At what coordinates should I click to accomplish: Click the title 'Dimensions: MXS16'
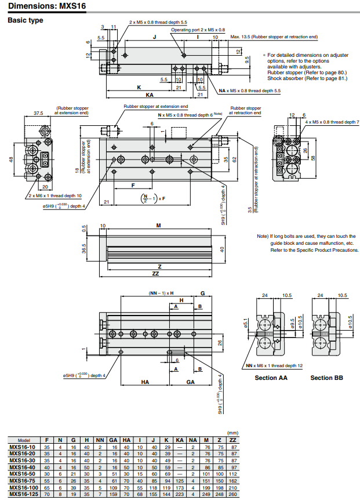44,6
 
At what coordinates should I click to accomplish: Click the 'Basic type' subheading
25,21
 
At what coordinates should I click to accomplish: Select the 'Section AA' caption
271,378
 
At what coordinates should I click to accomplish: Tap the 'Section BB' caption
326,378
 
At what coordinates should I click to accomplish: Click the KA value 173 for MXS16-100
180,488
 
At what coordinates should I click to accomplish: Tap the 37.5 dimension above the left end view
38,113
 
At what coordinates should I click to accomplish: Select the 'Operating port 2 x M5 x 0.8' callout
198,30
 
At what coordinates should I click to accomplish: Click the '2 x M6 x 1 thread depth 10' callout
56,195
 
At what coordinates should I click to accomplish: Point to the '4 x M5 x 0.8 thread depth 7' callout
332,122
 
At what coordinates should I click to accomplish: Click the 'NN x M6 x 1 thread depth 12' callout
274,365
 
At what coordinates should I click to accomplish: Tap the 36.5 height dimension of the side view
84,249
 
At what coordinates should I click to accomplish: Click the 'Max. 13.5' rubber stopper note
274,37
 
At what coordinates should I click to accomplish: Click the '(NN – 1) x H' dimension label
161,293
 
